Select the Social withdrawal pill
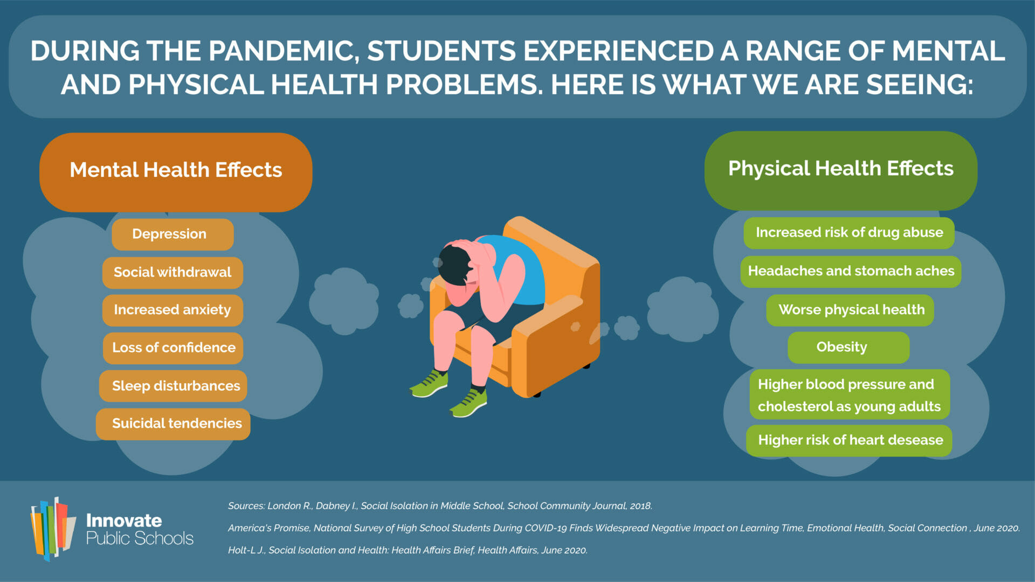point(172,272)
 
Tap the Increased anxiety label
point(172,310)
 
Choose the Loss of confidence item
point(173,348)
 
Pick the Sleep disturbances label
point(173,386)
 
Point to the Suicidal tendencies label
point(173,424)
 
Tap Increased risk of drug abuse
point(849,233)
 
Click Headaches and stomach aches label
point(851,271)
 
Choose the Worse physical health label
point(850,310)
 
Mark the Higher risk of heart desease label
point(849,440)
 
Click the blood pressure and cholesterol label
point(850,394)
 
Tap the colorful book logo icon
point(53,529)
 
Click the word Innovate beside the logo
point(124,521)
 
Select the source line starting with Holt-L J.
point(408,550)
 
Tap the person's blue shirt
point(520,269)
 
